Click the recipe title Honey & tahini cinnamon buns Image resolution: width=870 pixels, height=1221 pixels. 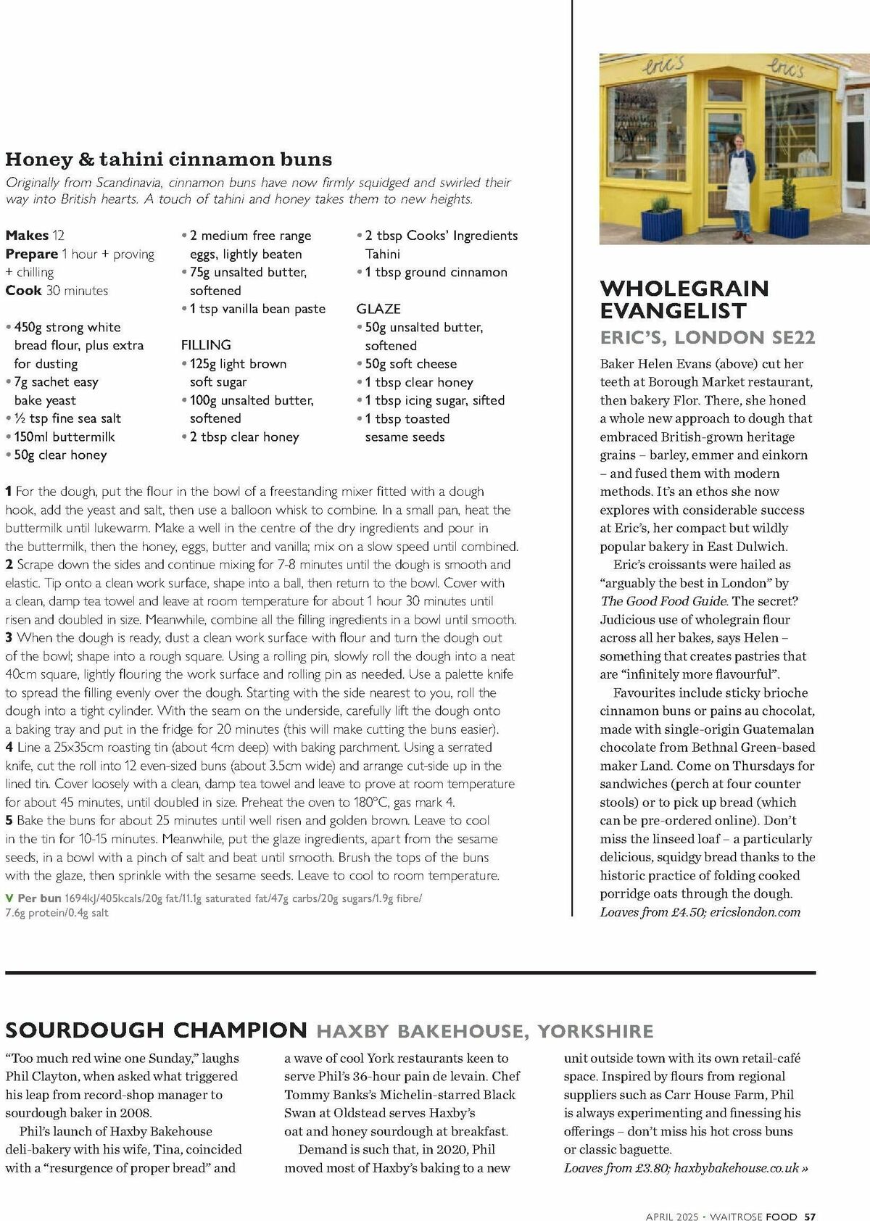point(168,160)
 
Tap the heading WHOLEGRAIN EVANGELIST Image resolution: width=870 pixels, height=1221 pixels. point(684,299)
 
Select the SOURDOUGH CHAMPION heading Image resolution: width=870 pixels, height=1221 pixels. point(156,1030)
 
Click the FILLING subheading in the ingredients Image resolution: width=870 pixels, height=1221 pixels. point(206,345)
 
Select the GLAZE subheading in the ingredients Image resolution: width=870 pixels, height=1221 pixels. point(378,309)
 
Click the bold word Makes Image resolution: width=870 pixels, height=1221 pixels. point(27,236)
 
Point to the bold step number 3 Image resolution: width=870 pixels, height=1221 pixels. point(9,638)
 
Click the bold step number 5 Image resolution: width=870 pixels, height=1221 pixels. point(9,821)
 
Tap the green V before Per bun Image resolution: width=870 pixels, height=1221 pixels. point(9,898)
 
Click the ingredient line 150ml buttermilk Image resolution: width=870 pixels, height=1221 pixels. point(64,436)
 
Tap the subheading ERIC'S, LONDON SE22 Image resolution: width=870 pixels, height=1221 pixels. point(707,337)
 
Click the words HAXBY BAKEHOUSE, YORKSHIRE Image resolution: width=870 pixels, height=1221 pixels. point(484,1030)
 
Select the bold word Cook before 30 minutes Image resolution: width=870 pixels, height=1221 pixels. point(23,291)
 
